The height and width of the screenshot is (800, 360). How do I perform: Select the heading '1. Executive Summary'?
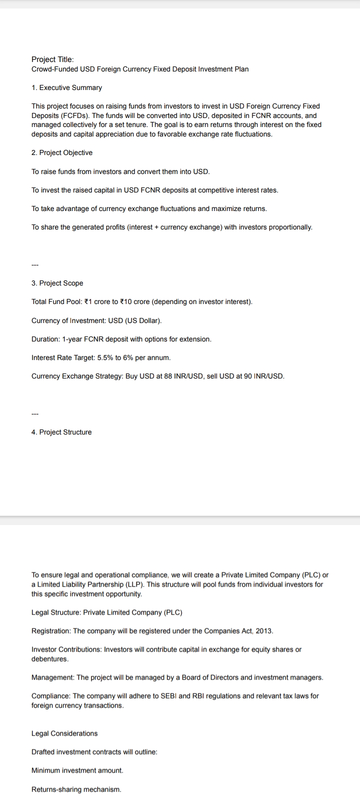[x=66, y=87]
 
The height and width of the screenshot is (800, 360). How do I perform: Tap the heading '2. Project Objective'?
[x=62, y=152]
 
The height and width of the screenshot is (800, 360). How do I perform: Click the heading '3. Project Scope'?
[x=57, y=283]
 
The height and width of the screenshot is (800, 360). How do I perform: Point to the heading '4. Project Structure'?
[x=61, y=432]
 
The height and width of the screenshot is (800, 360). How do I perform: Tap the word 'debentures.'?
[x=50, y=659]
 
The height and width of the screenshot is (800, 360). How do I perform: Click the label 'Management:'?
[x=53, y=677]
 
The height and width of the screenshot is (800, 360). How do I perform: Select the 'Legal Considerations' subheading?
[x=64, y=733]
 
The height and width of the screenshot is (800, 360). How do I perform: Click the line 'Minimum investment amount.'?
[x=77, y=770]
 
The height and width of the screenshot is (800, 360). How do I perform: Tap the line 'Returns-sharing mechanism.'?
[x=76, y=789]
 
